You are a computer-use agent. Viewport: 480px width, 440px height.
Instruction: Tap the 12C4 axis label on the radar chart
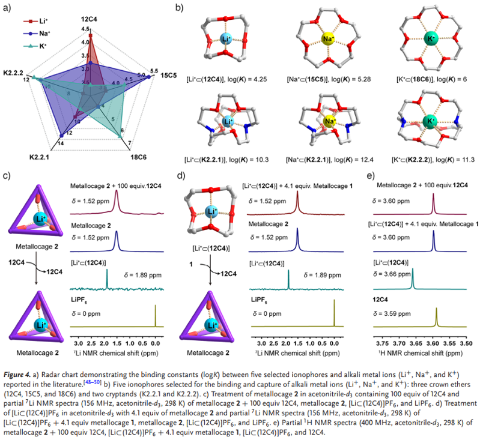click(x=89, y=19)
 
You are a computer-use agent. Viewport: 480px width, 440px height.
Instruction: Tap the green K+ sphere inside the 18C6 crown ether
click(x=430, y=41)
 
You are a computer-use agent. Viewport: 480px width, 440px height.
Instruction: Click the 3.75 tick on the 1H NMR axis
click(x=381, y=344)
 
